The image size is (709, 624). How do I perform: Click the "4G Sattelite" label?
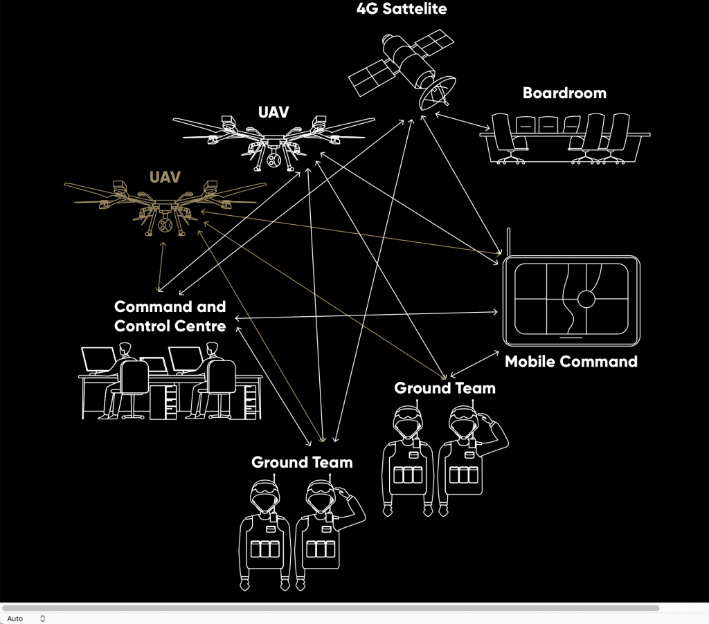click(402, 9)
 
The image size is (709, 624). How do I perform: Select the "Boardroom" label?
click(564, 93)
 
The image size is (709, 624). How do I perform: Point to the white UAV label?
click(273, 112)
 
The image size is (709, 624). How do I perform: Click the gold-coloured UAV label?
click(165, 176)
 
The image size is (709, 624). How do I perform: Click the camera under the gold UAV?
click(165, 228)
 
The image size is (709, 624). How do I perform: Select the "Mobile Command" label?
click(571, 361)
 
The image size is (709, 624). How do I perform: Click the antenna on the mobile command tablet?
click(509, 242)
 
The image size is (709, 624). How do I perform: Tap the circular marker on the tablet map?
click(587, 300)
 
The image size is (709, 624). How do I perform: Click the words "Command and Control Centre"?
click(170, 315)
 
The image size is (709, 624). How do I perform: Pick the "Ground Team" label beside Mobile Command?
click(445, 388)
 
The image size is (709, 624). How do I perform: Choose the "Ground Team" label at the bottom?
click(302, 462)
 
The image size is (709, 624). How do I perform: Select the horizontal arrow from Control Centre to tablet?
click(367, 315)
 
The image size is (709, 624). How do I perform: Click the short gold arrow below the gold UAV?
click(161, 266)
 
